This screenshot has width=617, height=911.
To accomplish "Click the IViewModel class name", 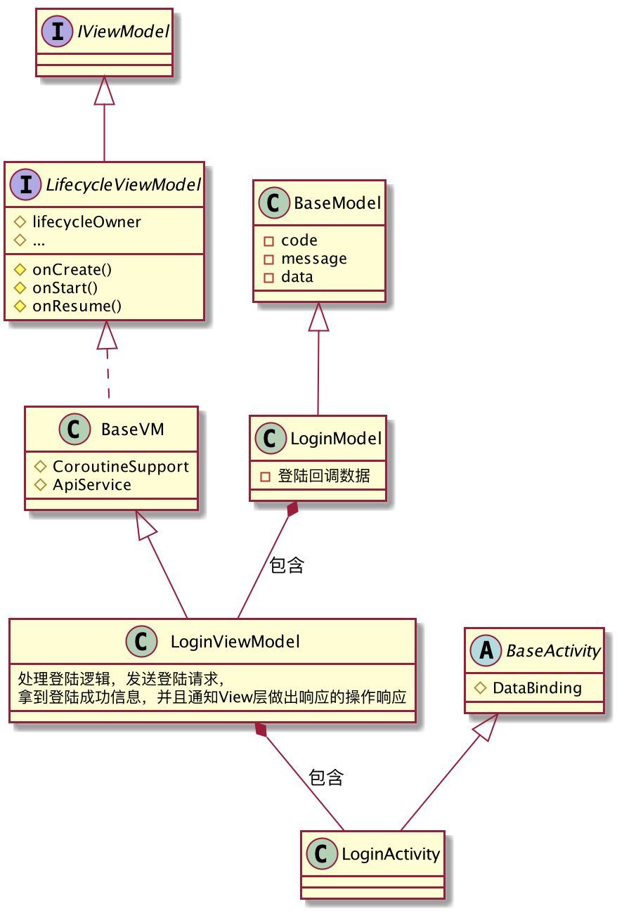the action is click(x=123, y=32).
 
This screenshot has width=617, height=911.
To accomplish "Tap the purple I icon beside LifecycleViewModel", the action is click(x=25, y=184).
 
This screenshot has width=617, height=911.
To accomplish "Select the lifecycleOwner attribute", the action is click(x=86, y=222).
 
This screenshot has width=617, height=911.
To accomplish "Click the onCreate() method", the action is click(x=72, y=270).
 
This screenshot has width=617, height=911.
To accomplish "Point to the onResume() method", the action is click(x=77, y=306).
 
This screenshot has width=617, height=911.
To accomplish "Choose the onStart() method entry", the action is click(x=65, y=288).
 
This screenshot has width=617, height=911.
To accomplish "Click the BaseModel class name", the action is click(x=337, y=203).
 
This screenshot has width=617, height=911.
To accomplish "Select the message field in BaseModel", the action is click(x=314, y=259).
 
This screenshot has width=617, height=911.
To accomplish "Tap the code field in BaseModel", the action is click(x=299, y=240).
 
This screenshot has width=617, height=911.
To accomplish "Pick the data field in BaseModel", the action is click(x=297, y=277).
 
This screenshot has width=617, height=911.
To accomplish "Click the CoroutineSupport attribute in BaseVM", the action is click(x=121, y=467).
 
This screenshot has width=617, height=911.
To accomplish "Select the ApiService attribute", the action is click(x=92, y=485).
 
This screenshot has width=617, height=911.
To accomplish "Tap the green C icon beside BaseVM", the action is click(x=74, y=429).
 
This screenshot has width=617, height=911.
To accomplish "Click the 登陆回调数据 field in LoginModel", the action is click(x=324, y=475).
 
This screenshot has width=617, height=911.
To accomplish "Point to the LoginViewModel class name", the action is click(x=235, y=642).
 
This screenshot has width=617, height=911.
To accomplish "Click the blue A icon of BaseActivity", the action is click(x=486, y=650).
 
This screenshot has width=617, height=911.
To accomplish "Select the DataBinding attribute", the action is click(x=537, y=688).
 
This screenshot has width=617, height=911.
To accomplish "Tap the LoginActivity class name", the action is click(x=391, y=854).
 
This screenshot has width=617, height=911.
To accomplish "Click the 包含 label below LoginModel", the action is click(x=287, y=565).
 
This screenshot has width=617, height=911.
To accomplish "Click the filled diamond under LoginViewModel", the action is click(x=261, y=730).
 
